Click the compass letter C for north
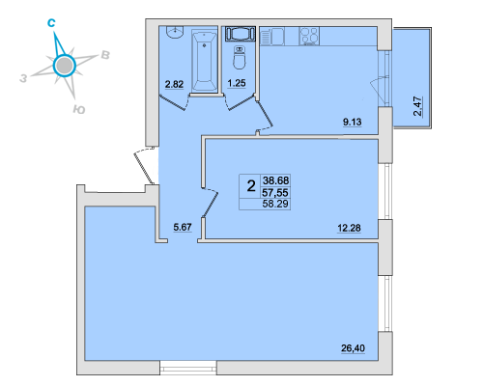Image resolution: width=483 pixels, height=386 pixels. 51,22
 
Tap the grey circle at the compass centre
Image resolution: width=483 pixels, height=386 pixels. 64,66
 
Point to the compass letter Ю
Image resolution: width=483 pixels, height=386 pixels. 79,110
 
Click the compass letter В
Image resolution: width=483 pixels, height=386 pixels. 105,55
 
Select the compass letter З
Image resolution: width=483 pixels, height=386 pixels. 23,78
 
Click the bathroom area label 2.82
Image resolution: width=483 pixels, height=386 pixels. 174,84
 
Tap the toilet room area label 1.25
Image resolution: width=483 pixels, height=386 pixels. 237,83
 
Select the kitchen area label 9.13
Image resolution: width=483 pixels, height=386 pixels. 353,122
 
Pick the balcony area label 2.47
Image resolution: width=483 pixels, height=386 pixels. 417,106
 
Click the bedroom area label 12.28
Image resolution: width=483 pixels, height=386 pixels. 349,228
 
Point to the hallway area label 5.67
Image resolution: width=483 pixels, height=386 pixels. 183,227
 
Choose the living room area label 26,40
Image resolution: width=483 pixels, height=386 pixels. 353,348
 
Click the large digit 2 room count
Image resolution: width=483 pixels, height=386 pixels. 251,186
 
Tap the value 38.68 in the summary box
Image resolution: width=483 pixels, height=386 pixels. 276,180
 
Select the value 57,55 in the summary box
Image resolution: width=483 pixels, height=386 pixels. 275,193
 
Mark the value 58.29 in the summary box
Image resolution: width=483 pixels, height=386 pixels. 275,204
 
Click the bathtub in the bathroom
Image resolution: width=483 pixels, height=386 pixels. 204,61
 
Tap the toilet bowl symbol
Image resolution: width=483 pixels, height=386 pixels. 239,58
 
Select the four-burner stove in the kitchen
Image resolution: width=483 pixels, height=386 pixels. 309,36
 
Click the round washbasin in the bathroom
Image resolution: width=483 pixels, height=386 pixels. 175,32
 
